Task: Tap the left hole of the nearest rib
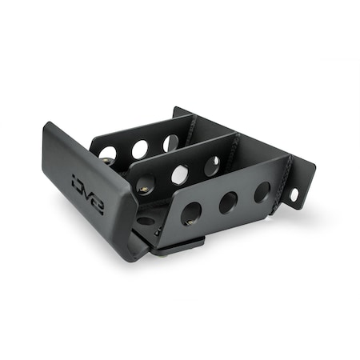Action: coord(190,213)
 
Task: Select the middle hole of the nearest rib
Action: coord(228,202)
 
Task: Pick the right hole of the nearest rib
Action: coord(262,191)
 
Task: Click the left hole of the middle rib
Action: coord(146,186)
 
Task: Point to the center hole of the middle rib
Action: coord(181,174)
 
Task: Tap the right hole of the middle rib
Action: coord(212,166)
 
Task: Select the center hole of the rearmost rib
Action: coord(140,150)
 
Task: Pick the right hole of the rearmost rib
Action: coord(170,142)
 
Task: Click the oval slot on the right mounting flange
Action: coord(294,194)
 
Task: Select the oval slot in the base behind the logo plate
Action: coord(146,220)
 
